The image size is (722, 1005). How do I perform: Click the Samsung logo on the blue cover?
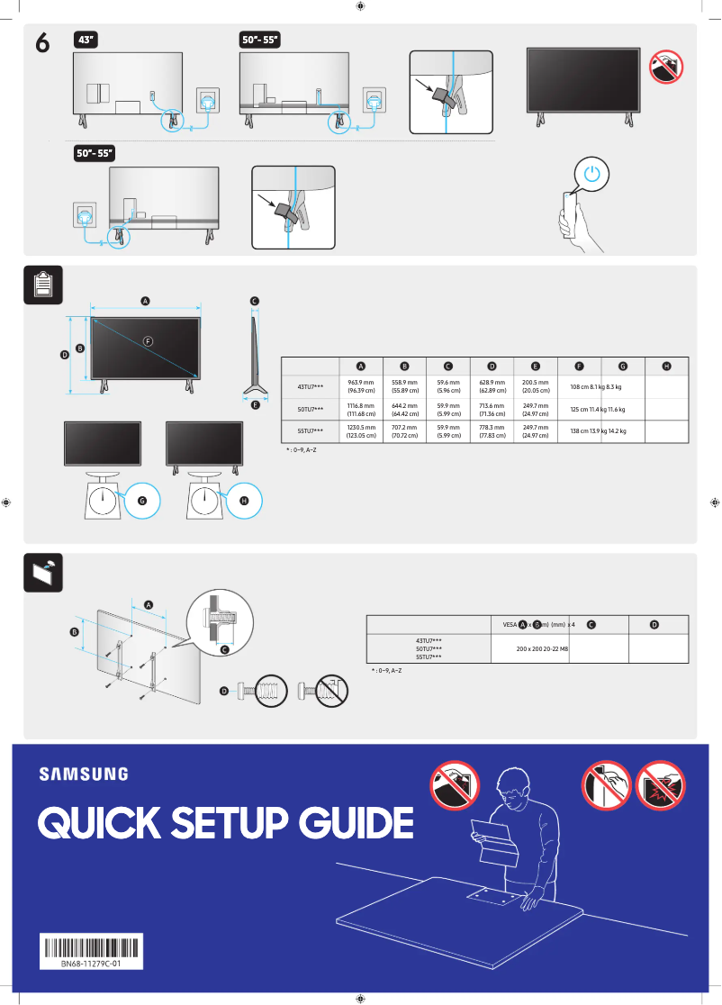click(83, 774)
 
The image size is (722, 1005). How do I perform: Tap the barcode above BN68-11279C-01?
click(92, 948)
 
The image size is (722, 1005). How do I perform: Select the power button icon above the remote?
click(591, 175)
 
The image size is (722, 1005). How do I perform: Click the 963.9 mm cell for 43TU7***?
click(361, 386)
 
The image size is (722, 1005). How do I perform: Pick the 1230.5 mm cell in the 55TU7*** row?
click(361, 430)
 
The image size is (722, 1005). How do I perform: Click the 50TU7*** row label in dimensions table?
click(311, 409)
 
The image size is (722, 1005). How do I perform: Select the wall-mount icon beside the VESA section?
click(42, 572)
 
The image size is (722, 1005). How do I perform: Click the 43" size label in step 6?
click(86, 40)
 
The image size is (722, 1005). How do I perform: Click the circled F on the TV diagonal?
click(149, 340)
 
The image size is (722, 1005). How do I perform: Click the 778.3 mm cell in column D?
click(492, 430)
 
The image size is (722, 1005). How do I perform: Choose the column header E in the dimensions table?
click(536, 367)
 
